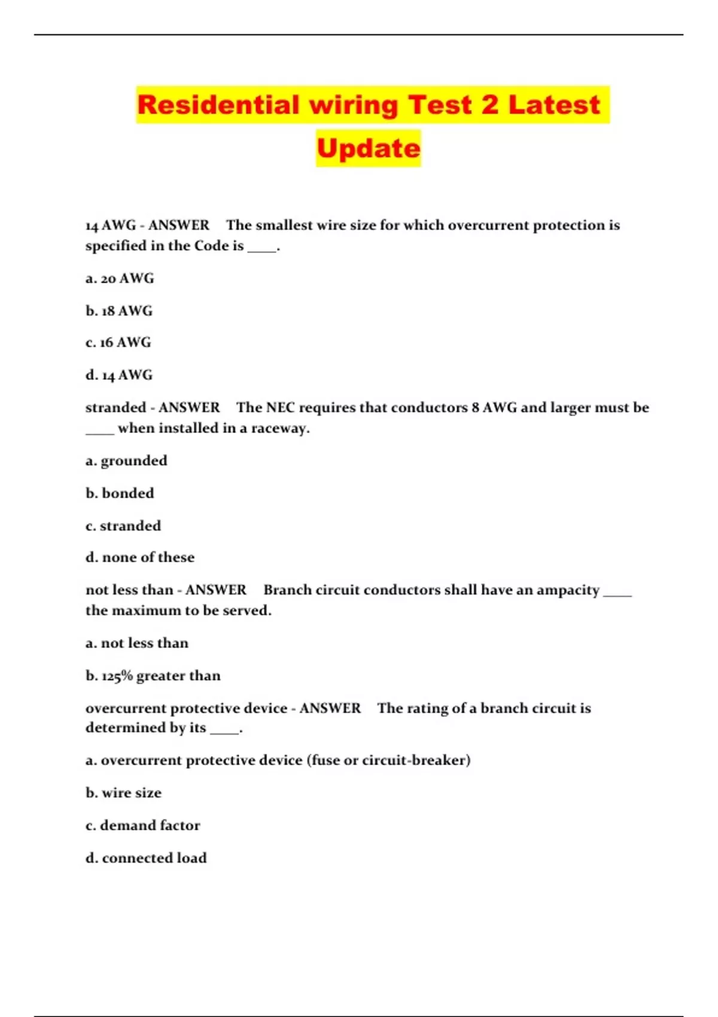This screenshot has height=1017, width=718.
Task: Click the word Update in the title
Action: coord(369,148)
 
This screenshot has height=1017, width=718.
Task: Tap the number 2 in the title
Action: coord(489,105)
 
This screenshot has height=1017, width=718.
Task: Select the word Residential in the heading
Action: coord(218,105)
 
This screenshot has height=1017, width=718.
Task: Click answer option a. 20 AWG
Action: coord(120,279)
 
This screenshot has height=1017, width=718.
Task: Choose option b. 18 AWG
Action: coord(119,311)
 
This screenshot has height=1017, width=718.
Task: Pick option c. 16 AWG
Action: coord(118,343)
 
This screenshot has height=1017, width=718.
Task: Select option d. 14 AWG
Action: coord(119,375)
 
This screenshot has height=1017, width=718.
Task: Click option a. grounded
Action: coord(126,461)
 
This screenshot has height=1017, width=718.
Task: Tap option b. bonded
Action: coord(120,494)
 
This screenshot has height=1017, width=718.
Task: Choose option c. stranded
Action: coord(123,526)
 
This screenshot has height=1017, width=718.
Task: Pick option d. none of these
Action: coord(140,558)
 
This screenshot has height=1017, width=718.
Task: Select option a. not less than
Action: coord(137,643)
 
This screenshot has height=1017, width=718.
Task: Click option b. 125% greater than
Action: coord(153,676)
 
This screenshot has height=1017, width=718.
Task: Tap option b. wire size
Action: coord(124,793)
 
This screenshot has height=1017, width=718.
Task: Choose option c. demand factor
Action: coord(143,826)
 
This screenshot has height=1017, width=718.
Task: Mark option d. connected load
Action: coord(146,858)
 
